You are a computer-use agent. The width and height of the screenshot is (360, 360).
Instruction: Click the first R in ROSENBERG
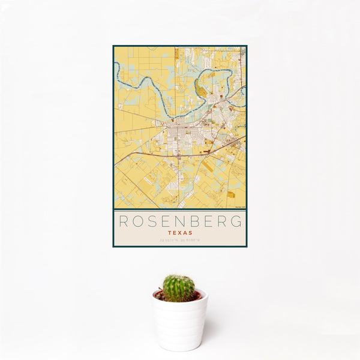[x=122, y=221]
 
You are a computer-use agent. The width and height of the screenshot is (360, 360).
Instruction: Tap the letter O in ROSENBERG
[x=137, y=221]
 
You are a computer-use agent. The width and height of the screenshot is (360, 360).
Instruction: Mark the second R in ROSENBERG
[x=224, y=221]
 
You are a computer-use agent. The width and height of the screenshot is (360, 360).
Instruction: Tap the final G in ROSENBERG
[x=239, y=221]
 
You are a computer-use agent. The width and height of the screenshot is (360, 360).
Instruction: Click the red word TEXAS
[x=180, y=232]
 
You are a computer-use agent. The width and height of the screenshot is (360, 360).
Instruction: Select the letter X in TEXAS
[x=180, y=232]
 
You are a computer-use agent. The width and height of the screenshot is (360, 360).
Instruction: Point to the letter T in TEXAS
[x=170, y=232]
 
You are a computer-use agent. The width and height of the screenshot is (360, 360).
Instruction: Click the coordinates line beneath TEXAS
[x=180, y=240]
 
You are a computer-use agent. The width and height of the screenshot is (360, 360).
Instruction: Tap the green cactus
[x=179, y=288]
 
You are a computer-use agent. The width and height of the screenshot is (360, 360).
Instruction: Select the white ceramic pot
[x=179, y=324]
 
